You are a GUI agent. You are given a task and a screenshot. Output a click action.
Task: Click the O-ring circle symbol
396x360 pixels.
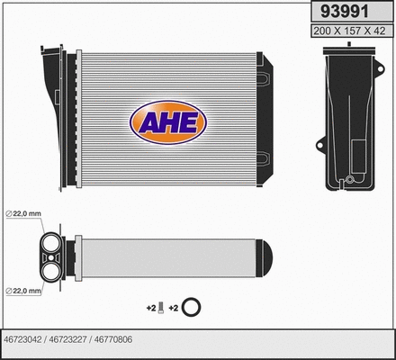(190, 309)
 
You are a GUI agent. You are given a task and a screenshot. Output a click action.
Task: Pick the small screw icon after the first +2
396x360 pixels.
(160, 309)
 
